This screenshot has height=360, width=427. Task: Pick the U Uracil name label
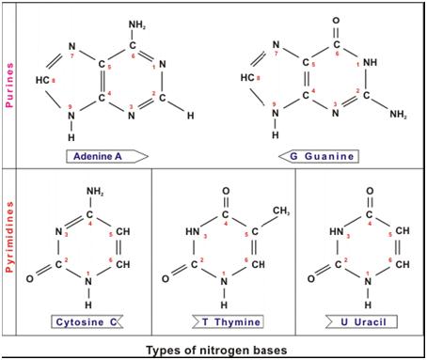click(368, 321)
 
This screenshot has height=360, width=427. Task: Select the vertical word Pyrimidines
click(8, 246)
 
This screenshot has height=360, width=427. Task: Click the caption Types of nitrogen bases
click(216, 351)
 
